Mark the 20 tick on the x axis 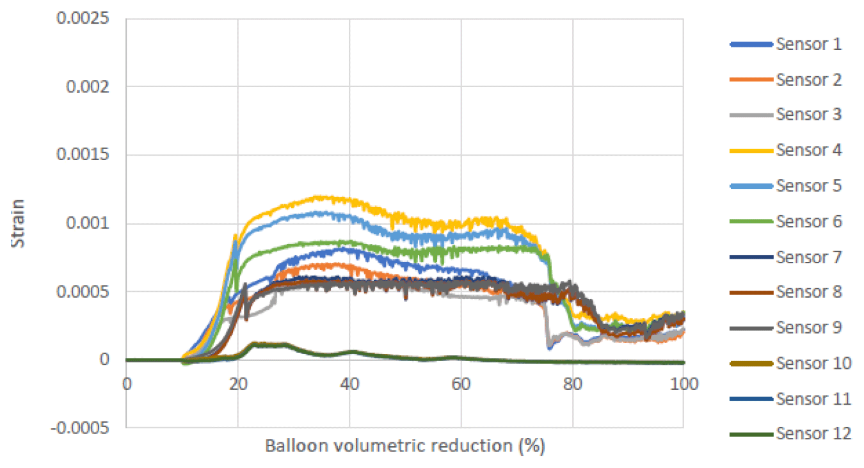click(x=237, y=386)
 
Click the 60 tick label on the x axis click(x=461, y=386)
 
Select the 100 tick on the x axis click(x=684, y=386)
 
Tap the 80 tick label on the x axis click(x=573, y=386)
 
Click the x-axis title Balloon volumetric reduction click(x=405, y=446)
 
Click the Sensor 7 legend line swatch click(x=751, y=257)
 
